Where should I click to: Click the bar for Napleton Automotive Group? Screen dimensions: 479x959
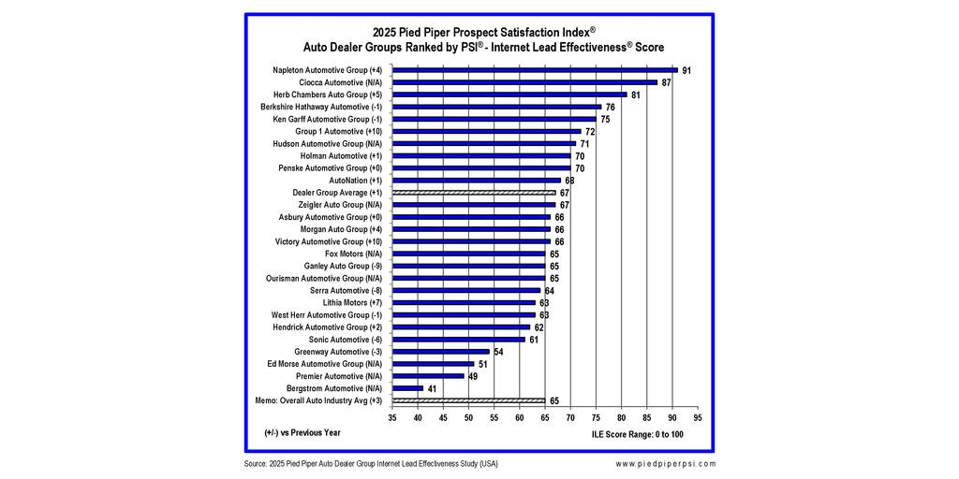pos(534,70)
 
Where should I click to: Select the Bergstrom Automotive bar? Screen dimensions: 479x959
pos(407,388)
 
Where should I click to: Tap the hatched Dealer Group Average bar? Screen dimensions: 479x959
pos(474,193)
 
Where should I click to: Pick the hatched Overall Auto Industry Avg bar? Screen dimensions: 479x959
pos(468,400)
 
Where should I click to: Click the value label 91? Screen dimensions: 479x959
pos(686,71)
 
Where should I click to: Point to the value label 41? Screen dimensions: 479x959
pos(433,388)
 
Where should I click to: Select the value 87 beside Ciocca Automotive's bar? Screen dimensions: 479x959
pos(666,83)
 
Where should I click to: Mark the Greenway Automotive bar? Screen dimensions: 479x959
pos(440,352)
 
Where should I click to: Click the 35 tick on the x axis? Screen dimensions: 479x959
pos(392,418)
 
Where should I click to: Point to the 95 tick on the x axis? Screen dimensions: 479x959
pos(698,418)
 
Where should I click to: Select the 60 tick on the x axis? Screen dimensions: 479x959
pos(520,418)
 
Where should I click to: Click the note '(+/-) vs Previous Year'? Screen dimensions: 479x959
pos(302,433)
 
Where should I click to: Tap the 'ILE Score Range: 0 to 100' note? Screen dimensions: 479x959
pos(638,435)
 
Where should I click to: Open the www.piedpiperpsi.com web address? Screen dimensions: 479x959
pos(666,464)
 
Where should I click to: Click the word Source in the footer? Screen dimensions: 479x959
pos(256,464)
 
